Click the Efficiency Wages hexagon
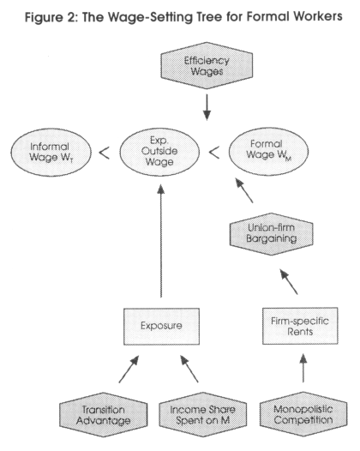[207, 65]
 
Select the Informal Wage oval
[51, 152]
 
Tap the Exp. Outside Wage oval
[159, 152]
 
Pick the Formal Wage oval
[268, 151]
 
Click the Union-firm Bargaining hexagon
[271, 234]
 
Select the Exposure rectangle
[161, 326]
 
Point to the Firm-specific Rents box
[300, 326]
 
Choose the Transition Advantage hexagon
[104, 415]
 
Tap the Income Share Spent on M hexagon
[203, 414]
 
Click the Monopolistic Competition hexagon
[303, 414]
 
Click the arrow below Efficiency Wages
[207, 107]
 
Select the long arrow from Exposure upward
[161, 241]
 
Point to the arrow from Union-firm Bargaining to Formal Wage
[244, 190]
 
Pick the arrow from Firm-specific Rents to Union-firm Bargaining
[289, 282]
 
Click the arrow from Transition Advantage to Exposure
[129, 370]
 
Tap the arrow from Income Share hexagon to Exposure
[189, 369]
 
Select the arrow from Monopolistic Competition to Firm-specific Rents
[303, 368]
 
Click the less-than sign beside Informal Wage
[104, 153]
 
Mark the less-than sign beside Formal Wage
[214, 153]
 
